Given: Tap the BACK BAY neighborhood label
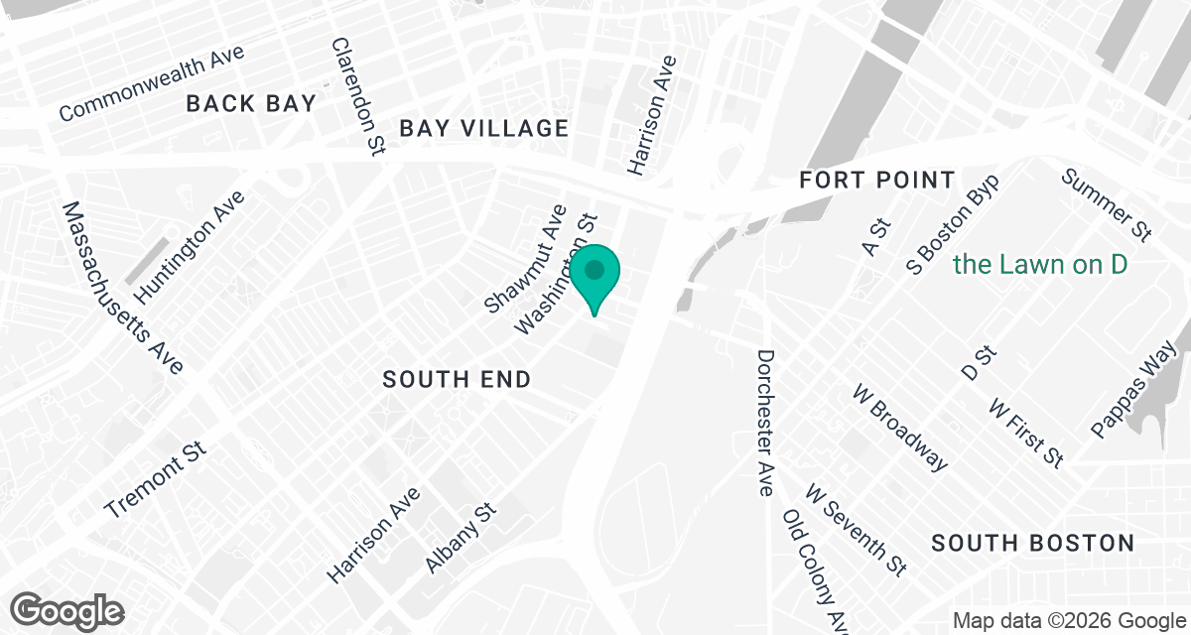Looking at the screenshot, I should coord(251,103).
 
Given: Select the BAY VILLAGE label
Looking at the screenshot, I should coord(484,128).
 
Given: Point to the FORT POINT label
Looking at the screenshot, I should coord(877,181).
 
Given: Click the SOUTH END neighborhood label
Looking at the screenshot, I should coord(457,379).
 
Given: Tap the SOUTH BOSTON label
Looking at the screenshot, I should coord(1033,543).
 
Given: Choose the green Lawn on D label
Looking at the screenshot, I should coord(1040,265).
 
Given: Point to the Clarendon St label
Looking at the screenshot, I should coord(357,97).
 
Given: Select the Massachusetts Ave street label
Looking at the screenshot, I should coord(122,288).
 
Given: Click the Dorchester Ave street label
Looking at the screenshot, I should coord(764,422).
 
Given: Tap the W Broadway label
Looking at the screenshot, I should coord(899,427).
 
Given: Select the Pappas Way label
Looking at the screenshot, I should coord(1132,389).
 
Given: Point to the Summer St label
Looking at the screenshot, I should coord(1106,204).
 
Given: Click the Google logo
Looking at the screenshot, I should coord(67,609).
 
